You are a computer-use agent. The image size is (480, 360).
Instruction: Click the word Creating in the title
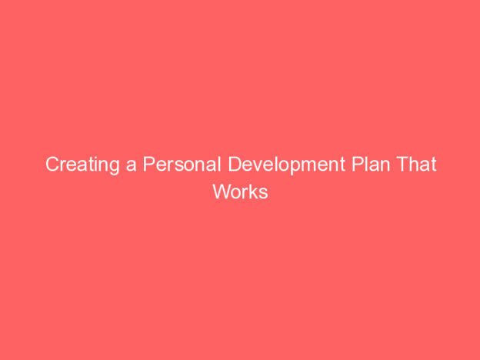[82, 165]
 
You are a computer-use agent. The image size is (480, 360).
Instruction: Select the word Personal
[182, 164]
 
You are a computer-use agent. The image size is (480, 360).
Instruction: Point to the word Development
[286, 165]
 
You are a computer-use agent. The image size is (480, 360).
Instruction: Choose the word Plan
[371, 164]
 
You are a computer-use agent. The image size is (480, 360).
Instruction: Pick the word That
[416, 164]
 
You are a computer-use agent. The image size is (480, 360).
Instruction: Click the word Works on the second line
[240, 192]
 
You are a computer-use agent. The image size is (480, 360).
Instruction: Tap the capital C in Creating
[52, 164]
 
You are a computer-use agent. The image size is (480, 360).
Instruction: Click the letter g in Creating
[114, 168]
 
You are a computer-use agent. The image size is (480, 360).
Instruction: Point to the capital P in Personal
[149, 164]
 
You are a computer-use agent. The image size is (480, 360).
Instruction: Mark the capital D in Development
[235, 164]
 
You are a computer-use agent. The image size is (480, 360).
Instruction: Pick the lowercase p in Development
[295, 168]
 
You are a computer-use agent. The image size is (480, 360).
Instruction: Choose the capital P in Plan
[358, 164]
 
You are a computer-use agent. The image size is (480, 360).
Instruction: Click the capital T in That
[403, 164]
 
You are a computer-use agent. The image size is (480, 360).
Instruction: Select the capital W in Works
[223, 192]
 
